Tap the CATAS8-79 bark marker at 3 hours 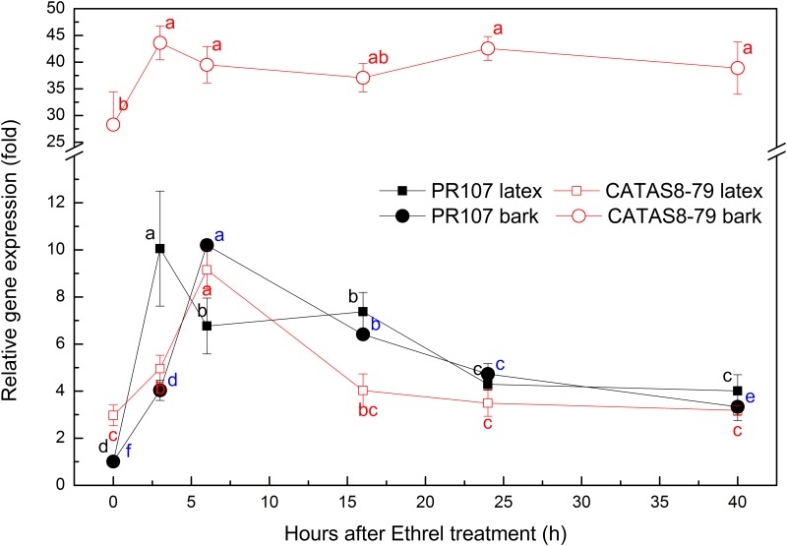tap(159, 43)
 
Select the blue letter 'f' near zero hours tap(128, 452)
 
